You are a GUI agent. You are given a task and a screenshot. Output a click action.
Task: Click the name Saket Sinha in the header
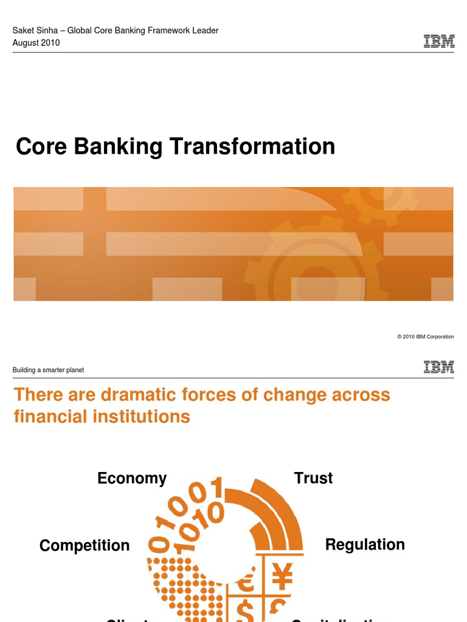pyautogui.click(x=35, y=30)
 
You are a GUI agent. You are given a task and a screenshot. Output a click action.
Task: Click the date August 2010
pyautogui.click(x=36, y=43)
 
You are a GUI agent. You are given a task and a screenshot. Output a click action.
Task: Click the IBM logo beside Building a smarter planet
pyautogui.click(x=438, y=367)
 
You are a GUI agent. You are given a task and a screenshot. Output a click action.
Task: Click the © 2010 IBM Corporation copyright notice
pyautogui.click(x=425, y=337)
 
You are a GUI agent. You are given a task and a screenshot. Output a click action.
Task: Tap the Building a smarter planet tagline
pyautogui.click(x=48, y=370)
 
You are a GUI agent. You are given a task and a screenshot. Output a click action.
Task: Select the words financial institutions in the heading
pyautogui.click(x=102, y=417)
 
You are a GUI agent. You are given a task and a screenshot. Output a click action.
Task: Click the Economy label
pyautogui.click(x=132, y=479)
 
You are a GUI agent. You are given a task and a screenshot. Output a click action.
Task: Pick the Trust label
pyautogui.click(x=313, y=478)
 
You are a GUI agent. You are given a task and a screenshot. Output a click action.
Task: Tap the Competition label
pyautogui.click(x=85, y=545)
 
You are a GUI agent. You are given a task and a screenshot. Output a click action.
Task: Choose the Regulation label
pyautogui.click(x=365, y=544)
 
